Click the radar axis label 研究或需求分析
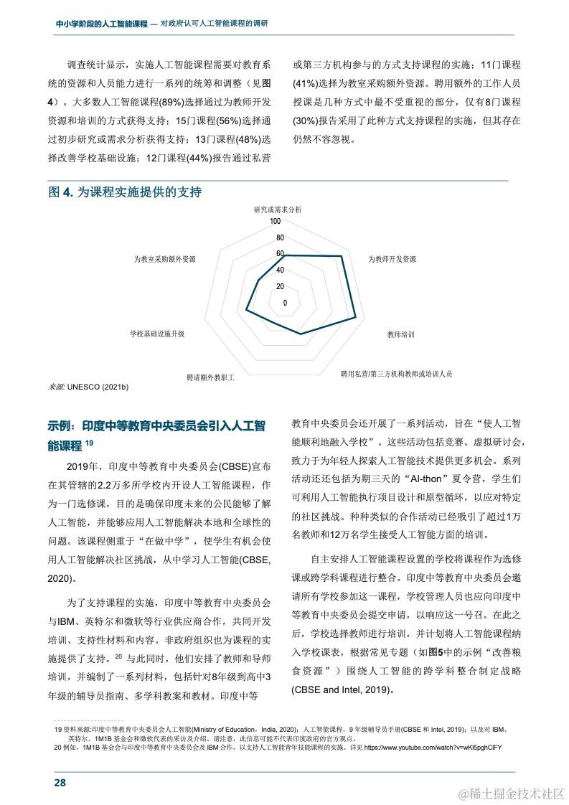point(278,210)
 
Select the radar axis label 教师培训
point(400,334)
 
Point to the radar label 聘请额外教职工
point(210,376)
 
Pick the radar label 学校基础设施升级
point(157,334)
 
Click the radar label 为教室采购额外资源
point(165,259)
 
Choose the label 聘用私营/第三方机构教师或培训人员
point(396,374)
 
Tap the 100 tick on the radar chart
point(276,222)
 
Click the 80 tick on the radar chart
point(280,237)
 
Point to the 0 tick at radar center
point(285,303)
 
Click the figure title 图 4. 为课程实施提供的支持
point(125,192)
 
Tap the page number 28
point(60,782)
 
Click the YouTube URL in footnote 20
point(433,747)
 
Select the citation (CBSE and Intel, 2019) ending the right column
point(344,690)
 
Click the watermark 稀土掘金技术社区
point(515,794)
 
